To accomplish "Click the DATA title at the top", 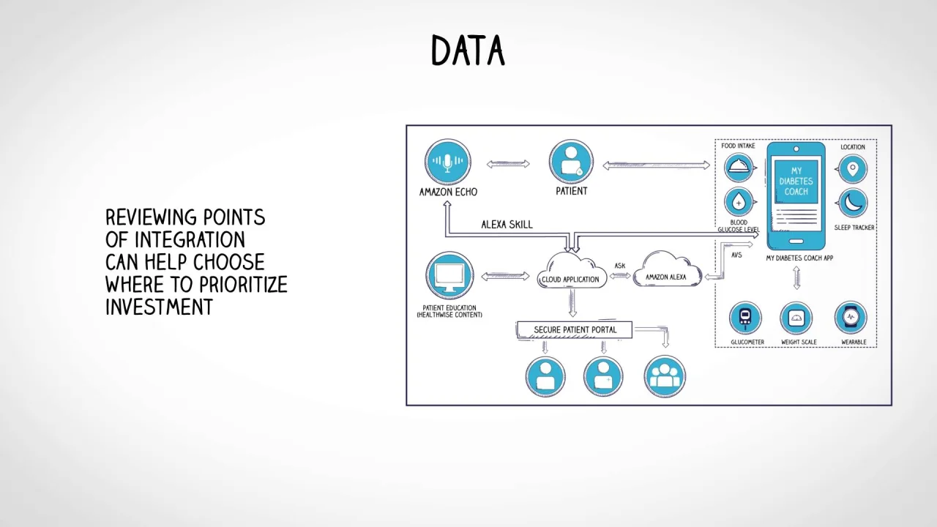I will [468, 51].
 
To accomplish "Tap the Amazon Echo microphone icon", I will [447, 162].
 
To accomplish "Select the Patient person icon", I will [571, 162].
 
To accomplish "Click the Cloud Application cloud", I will [570, 272].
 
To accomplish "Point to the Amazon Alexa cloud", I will [666, 271].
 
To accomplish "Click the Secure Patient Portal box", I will [575, 330].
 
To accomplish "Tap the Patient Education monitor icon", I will [449, 276].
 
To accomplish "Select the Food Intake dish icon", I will [739, 168].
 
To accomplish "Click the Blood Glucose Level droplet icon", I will [739, 202].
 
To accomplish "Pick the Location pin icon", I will [852, 169].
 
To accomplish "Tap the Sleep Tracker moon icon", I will [852, 203].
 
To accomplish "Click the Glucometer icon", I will [746, 318].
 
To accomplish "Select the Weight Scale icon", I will [796, 318].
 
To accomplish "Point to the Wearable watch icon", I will [851, 318].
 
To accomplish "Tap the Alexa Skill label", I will [507, 224].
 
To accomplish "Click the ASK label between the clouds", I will [620, 266].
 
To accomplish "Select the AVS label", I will [736, 255].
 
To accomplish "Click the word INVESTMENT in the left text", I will [159, 307].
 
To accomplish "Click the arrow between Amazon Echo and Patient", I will [508, 164].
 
